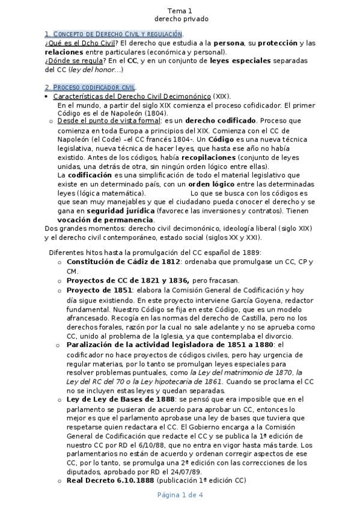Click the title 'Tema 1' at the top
coord(180,10)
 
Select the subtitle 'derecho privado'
coord(180,19)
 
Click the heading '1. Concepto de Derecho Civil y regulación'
coord(114,34)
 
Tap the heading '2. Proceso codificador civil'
coord(90,87)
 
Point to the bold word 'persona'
coord(229,43)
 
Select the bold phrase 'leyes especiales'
coord(244,61)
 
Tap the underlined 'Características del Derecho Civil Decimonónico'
coord(132,96)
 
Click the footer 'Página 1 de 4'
coord(180,495)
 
